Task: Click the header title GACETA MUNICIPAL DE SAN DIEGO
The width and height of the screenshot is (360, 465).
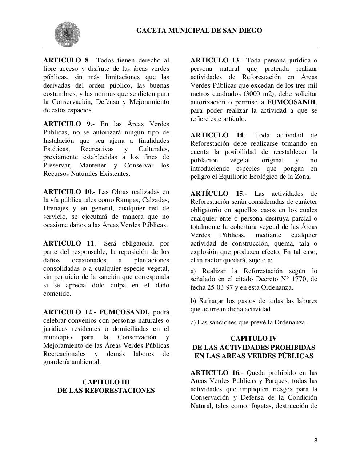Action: click(x=199, y=31)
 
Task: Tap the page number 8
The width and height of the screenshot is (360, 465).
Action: click(x=315, y=441)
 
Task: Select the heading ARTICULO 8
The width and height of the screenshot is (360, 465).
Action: click(x=66, y=60)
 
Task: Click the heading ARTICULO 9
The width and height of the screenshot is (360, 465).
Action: click(x=67, y=124)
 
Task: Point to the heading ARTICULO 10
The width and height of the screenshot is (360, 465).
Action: click(x=68, y=192)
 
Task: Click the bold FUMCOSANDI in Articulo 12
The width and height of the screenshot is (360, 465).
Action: click(x=124, y=312)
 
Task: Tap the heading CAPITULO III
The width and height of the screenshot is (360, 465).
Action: click(x=106, y=382)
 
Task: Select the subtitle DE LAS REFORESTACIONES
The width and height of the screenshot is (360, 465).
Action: click(x=106, y=391)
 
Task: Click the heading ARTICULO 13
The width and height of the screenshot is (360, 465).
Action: click(x=215, y=60)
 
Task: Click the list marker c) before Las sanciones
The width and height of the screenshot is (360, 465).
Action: click(x=193, y=322)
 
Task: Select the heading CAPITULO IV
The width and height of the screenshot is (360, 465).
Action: click(x=253, y=339)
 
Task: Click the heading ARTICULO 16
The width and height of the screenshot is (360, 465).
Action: click(x=215, y=373)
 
